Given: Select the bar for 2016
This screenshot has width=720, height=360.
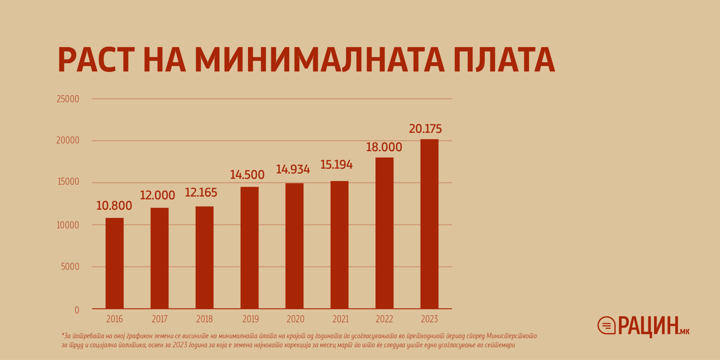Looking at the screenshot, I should pyautogui.click(x=114, y=263).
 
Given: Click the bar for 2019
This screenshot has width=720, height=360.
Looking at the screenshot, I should pyautogui.click(x=249, y=247).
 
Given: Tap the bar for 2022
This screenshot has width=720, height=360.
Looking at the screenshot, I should pyautogui.click(x=384, y=233).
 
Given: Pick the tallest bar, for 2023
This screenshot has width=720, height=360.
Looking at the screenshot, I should pyautogui.click(x=429, y=224).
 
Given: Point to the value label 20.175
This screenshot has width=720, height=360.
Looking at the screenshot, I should pyautogui.click(x=425, y=129).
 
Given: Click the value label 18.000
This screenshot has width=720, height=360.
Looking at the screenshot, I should pyautogui.click(x=384, y=147).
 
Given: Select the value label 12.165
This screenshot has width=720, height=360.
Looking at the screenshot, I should pyautogui.click(x=201, y=193).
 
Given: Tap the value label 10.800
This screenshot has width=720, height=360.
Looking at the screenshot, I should pyautogui.click(x=114, y=206).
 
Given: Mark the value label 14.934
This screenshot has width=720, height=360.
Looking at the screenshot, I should pyautogui.click(x=293, y=169).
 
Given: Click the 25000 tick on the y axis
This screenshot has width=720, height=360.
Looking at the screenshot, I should pyautogui.click(x=68, y=99).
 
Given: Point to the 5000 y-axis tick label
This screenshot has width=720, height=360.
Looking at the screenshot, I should pyautogui.click(x=70, y=267).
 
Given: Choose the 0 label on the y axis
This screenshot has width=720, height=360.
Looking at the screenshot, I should pyautogui.click(x=77, y=310).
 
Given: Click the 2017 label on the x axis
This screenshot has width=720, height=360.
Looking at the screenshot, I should pyautogui.click(x=159, y=319).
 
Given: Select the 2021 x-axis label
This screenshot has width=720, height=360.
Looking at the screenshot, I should pyautogui.click(x=340, y=319).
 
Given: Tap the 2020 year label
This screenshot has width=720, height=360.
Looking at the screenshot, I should pyautogui.click(x=295, y=319).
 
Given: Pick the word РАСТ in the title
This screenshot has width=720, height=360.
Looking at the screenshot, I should pyautogui.click(x=96, y=60).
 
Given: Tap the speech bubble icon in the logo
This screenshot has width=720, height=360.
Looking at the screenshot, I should pyautogui.click(x=606, y=325).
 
